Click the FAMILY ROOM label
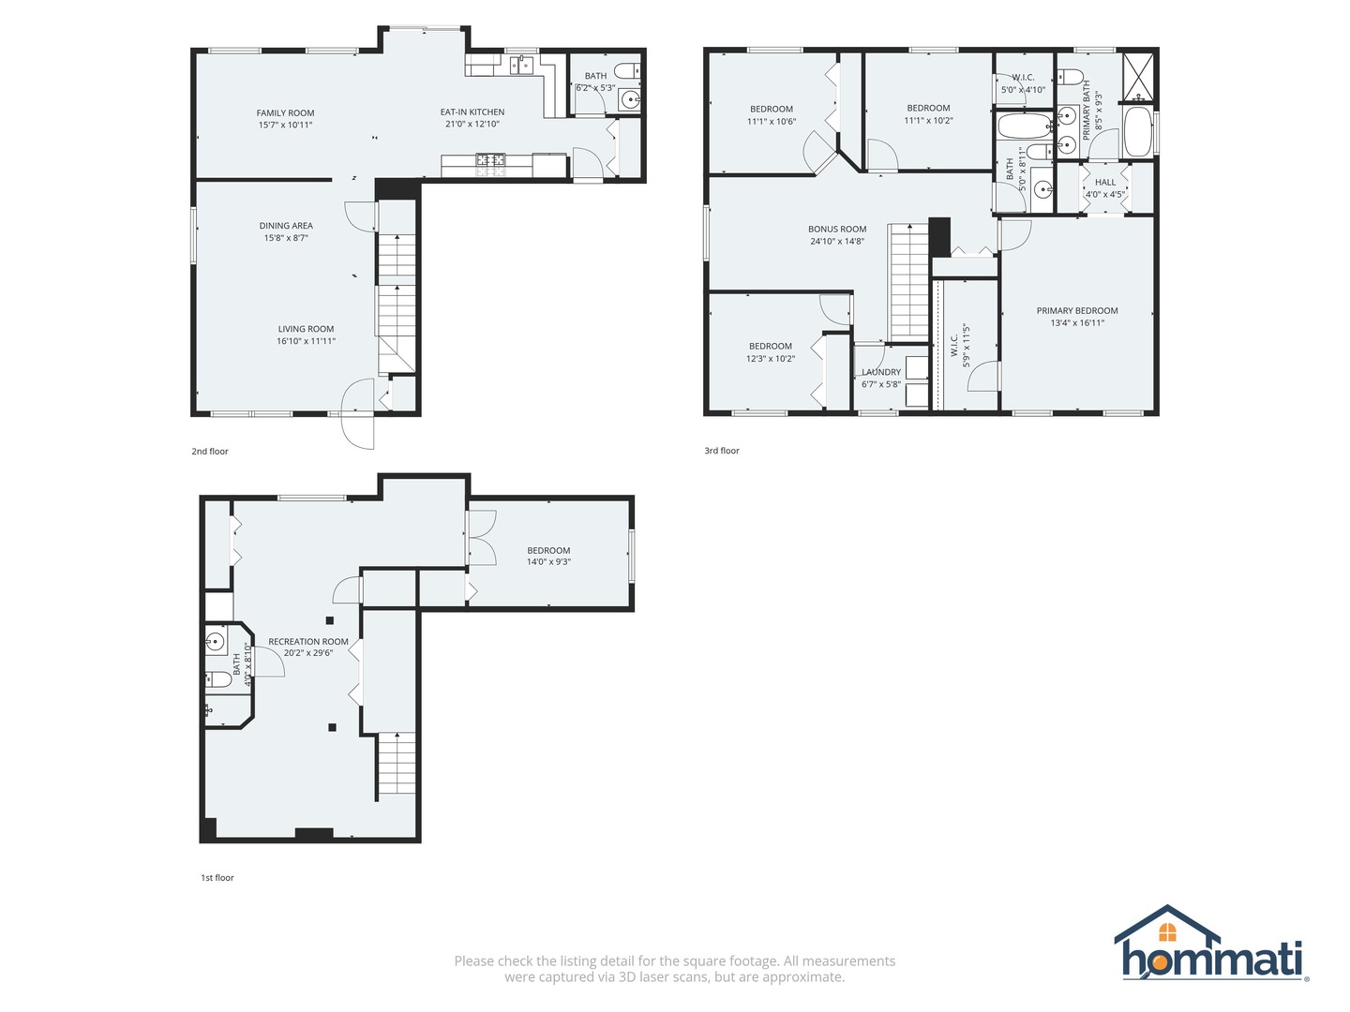(285, 113)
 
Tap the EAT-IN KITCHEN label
(472, 112)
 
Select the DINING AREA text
(286, 226)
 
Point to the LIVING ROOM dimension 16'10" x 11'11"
(306, 341)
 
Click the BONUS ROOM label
(837, 230)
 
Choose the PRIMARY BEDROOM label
(1077, 311)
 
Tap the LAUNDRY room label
(881, 372)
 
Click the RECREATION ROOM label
(308, 642)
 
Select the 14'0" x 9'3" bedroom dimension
(548, 562)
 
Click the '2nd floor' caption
(210, 452)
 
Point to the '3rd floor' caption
(722, 451)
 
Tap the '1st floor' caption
(217, 878)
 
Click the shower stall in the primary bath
(1140, 76)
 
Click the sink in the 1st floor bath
(215, 642)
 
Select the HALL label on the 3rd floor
(1105, 183)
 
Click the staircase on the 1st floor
(397, 765)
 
